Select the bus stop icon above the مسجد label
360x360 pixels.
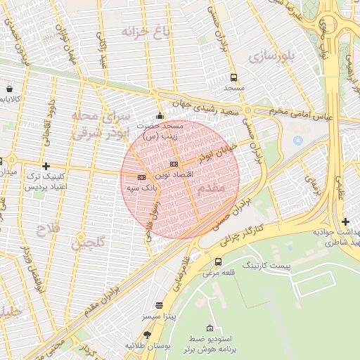pyautogui.click(x=233, y=78)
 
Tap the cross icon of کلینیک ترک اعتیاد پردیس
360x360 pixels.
pyautogui.click(x=46, y=167)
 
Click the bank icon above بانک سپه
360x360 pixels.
pyautogui.click(x=141, y=177)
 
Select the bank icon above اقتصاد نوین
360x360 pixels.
pyautogui.click(x=174, y=164)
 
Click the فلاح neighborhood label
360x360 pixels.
pyautogui.click(x=49, y=228)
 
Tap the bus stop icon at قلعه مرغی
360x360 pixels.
pyautogui.click(x=218, y=262)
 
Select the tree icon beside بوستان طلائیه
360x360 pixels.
pyautogui.click(x=147, y=335)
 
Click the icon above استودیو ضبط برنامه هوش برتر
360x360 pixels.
pyautogui.click(x=210, y=328)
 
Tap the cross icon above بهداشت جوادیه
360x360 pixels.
pyautogui.click(x=345, y=222)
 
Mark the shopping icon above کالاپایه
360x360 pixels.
pyautogui.click(x=8, y=89)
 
